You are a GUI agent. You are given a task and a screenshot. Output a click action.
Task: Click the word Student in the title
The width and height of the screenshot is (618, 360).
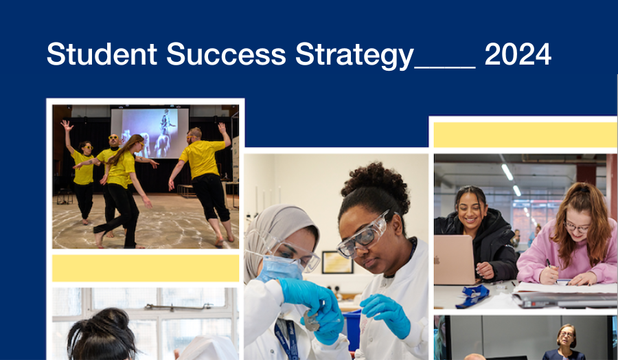pos(102,54)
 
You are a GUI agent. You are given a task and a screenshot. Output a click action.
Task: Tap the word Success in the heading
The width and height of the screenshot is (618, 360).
pos(226,54)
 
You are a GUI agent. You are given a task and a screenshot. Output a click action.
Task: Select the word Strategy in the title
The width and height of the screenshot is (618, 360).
pos(354,56)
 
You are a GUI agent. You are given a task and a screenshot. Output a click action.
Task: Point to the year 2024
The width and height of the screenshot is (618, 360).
pos(518,54)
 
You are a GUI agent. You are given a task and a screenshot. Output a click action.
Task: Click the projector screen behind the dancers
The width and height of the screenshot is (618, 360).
pos(150,133)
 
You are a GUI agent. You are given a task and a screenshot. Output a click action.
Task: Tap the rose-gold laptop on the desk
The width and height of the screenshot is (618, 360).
pos(455,260)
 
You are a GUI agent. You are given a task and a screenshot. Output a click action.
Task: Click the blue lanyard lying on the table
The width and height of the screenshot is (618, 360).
pos(472,295)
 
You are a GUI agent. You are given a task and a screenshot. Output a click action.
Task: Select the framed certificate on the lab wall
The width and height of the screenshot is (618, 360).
pos(337,262)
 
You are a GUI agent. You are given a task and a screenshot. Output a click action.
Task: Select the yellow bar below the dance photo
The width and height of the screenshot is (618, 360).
pos(146,268)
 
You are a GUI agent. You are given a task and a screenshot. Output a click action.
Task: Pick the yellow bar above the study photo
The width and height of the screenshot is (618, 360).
pos(525,135)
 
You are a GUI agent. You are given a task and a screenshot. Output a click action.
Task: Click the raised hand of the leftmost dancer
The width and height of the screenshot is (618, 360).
pos(67,126)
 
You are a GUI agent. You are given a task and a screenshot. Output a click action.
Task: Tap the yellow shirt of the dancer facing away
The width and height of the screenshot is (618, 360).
pos(202,159)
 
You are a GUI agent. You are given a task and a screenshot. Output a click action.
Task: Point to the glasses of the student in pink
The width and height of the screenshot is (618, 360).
pos(577,227)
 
